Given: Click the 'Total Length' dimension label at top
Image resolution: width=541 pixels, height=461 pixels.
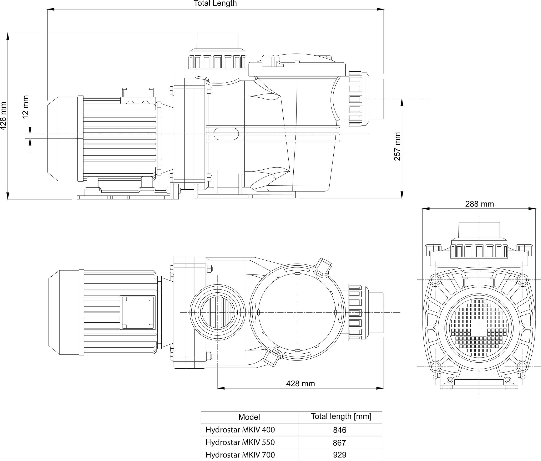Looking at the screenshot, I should (215, 3).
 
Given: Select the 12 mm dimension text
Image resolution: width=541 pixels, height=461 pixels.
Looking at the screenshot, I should (25, 107).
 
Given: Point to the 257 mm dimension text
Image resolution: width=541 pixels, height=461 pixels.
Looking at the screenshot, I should (397, 146).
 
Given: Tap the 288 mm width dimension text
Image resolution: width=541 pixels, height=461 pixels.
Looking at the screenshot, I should (479, 204).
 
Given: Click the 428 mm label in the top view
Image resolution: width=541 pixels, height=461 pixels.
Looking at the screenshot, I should (300, 384).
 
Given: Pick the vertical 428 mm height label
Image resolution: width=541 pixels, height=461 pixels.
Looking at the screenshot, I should (3, 116).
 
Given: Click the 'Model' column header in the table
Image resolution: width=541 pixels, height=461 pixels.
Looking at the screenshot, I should (249, 417).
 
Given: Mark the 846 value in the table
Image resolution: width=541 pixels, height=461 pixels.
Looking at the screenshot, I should (339, 430).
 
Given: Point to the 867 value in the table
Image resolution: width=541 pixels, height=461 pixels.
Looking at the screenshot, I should (339, 442).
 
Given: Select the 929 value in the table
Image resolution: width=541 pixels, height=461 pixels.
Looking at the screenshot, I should (339, 455).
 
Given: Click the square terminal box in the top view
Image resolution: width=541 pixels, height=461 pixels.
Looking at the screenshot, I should (138, 312).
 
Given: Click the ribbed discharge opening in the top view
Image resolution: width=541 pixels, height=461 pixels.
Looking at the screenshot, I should (217, 312).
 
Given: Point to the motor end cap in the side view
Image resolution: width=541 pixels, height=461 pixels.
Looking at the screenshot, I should (63, 139).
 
